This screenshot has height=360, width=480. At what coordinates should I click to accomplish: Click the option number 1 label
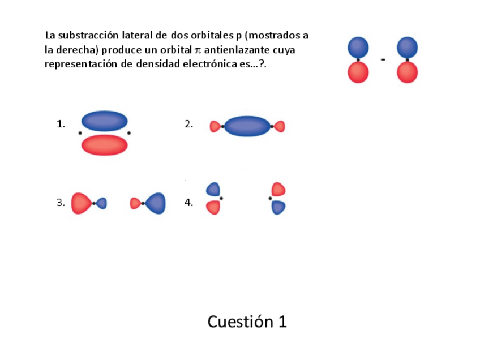click(x=61, y=124)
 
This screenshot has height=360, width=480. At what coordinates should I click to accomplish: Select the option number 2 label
click(x=189, y=124)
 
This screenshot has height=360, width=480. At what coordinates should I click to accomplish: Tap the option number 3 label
click(x=61, y=203)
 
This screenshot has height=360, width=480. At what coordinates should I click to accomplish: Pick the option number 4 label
click(x=189, y=203)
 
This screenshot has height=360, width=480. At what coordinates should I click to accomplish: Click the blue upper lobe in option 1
click(x=105, y=121)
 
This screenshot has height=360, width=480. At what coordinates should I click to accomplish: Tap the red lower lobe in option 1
click(x=105, y=145)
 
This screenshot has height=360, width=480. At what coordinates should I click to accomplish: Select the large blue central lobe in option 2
click(x=247, y=126)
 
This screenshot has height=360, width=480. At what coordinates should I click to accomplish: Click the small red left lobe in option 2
click(x=215, y=126)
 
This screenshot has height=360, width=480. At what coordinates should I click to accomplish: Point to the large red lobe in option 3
click(x=80, y=203)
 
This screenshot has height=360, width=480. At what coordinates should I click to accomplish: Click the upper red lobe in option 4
click(x=278, y=189)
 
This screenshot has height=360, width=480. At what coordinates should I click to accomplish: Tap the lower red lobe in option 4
click(x=213, y=208)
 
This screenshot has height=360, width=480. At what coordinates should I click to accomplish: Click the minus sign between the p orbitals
click(x=383, y=59)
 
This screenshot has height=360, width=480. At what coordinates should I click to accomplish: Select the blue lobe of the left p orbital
click(x=358, y=47)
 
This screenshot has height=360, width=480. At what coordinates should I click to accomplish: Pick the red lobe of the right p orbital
click(x=408, y=72)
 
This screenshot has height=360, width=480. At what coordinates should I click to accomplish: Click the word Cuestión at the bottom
click(x=233, y=322)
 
